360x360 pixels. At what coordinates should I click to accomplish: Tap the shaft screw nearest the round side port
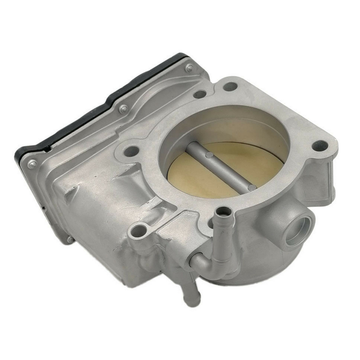point(252,186)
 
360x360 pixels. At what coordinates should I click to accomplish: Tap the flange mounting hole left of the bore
point(131,151)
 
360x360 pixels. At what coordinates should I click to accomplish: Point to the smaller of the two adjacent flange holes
point(200,94)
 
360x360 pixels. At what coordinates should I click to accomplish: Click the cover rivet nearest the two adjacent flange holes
point(190,68)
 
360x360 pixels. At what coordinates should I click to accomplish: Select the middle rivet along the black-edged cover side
point(123,109)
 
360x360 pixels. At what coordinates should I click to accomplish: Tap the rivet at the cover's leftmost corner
point(32,163)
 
